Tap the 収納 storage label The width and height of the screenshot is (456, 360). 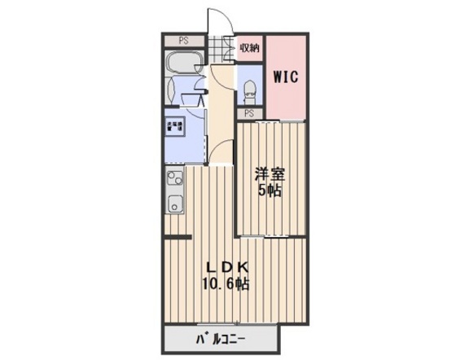[248, 47]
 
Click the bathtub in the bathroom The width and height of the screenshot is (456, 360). [182, 64]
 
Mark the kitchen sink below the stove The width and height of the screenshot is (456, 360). [175, 202]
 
